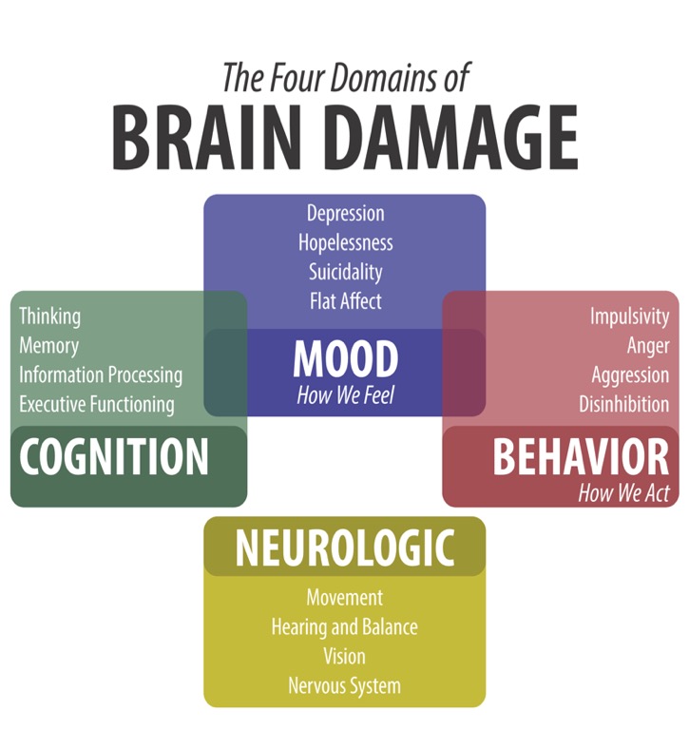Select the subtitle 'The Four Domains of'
[344, 76]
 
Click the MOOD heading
[345, 359]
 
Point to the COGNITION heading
[114, 457]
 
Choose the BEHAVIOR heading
[580, 458]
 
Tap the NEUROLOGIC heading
[344, 547]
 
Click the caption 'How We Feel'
[345, 395]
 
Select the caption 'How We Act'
[623, 493]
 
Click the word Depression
[345, 213]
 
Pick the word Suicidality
[345, 272]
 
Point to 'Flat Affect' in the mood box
[345, 301]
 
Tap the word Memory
[48, 345]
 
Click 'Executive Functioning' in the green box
[97, 404]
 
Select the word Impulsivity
[629, 317]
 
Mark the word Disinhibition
[623, 404]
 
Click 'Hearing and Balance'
[344, 627]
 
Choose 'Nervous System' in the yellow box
[344, 685]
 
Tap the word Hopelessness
[345, 242]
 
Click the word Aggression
[630, 374]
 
